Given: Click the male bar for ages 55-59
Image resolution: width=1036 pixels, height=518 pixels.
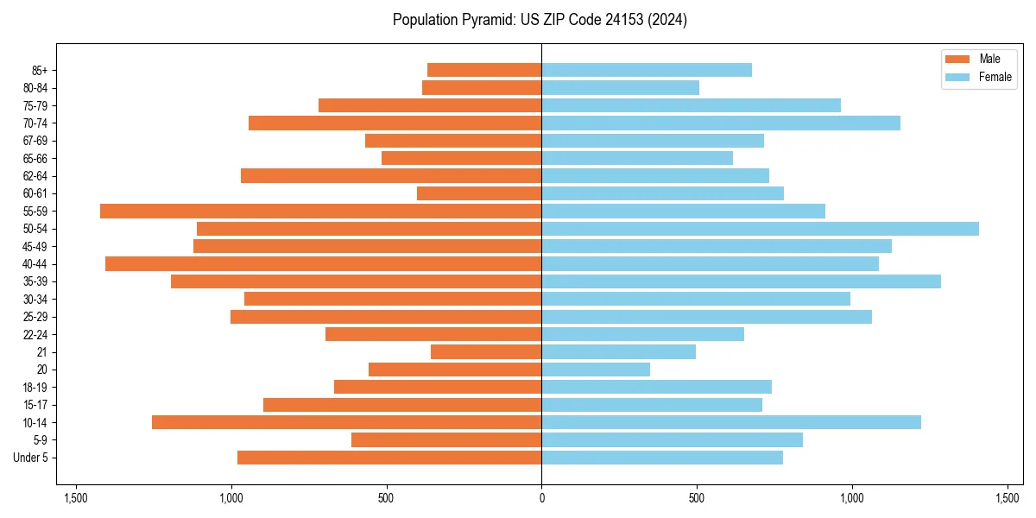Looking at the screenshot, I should [320, 211].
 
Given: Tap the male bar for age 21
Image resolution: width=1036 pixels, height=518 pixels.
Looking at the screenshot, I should [486, 351].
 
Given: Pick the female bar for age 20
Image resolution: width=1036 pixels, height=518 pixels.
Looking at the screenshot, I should [596, 370].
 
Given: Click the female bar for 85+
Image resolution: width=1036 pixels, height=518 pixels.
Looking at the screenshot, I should [647, 70].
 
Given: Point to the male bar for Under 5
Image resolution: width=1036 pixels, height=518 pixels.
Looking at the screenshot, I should [389, 458].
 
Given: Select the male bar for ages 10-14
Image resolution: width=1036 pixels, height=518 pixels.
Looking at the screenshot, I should [346, 422].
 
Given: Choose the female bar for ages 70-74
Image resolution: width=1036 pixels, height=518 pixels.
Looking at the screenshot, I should [721, 123].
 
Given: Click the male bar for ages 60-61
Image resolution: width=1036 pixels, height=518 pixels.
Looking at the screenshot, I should [479, 193].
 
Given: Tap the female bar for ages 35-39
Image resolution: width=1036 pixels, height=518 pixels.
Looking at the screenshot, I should [741, 281].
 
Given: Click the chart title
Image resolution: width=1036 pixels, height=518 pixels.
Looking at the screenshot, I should [540, 20].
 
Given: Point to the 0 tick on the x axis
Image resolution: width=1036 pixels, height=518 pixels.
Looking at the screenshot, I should [541, 498].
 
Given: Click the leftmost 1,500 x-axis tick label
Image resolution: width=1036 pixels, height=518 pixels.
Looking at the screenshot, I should [76, 498].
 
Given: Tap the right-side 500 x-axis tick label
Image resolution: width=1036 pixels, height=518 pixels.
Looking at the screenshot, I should [697, 498].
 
